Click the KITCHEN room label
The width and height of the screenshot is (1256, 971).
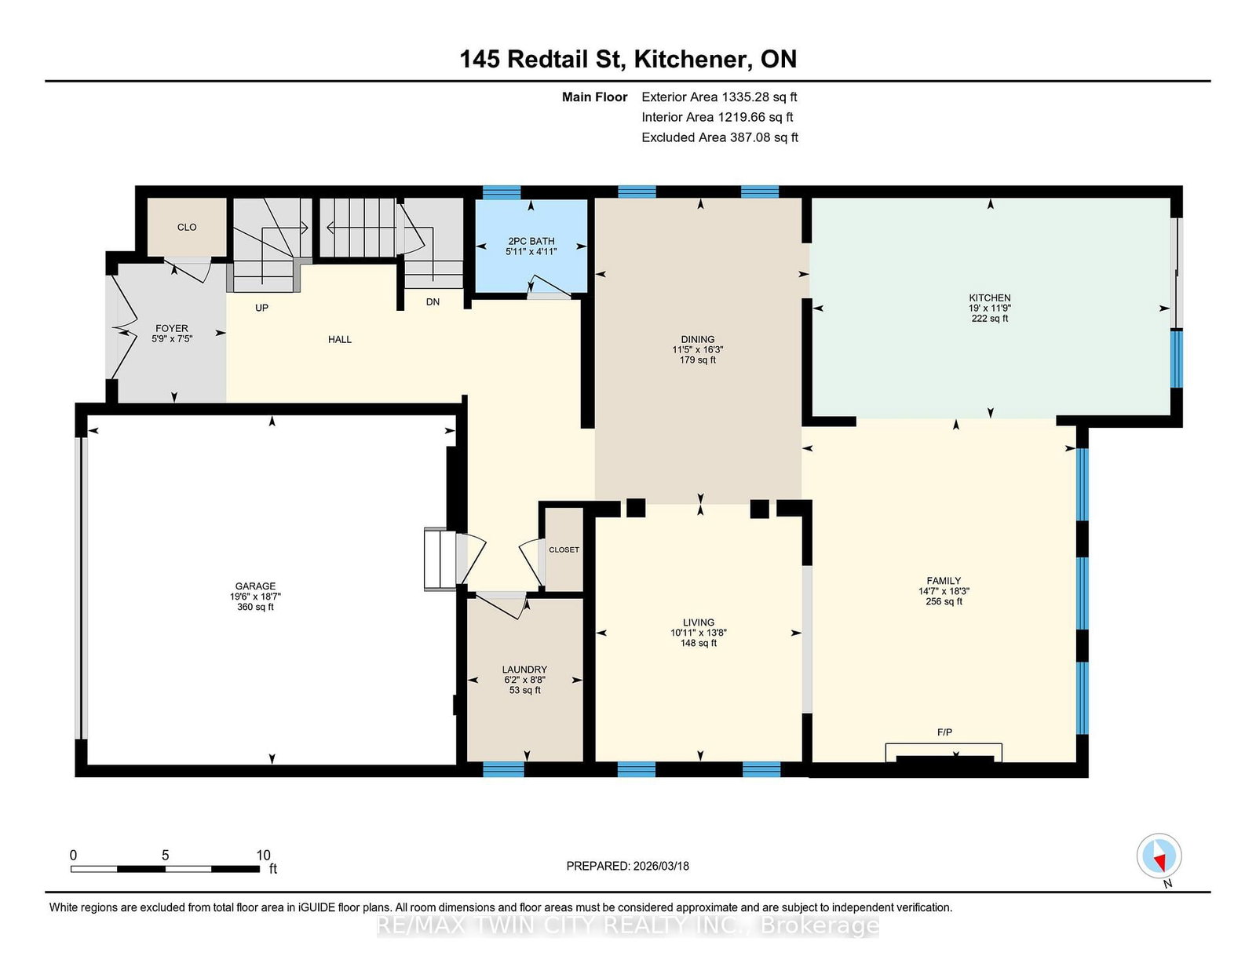(989, 298)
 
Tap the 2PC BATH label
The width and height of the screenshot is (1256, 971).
(531, 241)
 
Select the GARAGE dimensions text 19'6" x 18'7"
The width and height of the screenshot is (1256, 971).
(255, 597)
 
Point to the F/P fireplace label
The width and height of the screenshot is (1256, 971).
(944, 732)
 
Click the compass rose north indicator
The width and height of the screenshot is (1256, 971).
(1159, 856)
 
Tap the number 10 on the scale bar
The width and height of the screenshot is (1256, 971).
(263, 855)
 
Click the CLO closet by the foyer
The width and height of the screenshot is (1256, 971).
(187, 227)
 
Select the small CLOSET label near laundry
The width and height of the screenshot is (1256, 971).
(564, 549)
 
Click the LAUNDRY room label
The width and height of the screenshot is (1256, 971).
(524, 670)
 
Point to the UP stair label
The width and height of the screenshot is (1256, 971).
(261, 308)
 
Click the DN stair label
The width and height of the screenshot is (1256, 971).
(433, 301)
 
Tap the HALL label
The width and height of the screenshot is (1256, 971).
(340, 339)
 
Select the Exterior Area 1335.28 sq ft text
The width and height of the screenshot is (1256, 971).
(719, 97)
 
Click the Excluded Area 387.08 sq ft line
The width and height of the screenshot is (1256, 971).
(719, 137)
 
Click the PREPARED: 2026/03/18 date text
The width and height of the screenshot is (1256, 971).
(627, 866)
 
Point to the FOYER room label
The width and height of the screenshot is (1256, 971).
(171, 328)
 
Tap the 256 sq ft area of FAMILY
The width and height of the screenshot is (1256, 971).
(944, 601)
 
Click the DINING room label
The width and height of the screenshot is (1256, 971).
(697, 339)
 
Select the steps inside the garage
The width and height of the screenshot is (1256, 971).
(440, 559)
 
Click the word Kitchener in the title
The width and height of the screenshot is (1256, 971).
(688, 59)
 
